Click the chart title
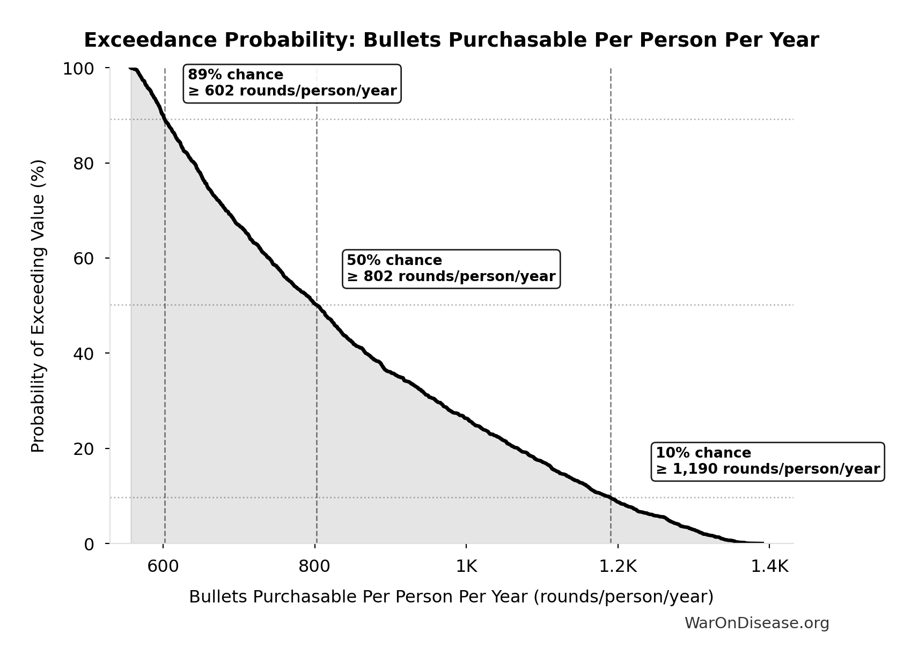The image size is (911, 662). click(451, 40)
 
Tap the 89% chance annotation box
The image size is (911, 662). click(292, 83)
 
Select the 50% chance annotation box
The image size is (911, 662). click(451, 269)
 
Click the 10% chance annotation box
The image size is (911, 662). click(767, 461)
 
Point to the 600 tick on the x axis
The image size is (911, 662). click(163, 567)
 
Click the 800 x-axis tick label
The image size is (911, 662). click(314, 567)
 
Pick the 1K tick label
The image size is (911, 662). click(466, 567)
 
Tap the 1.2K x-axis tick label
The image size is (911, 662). click(618, 567)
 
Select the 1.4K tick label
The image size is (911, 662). click(769, 567)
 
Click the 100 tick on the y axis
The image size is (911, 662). click(78, 69)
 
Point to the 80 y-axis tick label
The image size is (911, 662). click(84, 163)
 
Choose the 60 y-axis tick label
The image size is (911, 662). click(84, 258)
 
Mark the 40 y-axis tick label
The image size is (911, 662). click(84, 353)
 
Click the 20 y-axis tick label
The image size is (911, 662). click(84, 448)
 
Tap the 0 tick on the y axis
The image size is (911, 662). click(89, 544)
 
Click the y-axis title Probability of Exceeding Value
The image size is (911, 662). click(38, 306)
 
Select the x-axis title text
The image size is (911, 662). click(451, 597)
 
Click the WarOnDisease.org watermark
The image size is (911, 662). click(756, 623)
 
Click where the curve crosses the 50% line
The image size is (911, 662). click(317, 305)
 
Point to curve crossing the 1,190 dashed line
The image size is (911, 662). click(611, 497)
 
